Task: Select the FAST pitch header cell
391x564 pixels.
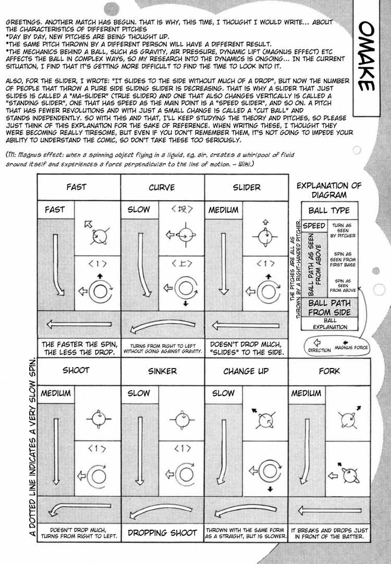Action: coord(76,187)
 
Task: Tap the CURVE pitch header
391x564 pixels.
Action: coord(162,187)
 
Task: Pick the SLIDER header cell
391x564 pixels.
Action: coord(247,187)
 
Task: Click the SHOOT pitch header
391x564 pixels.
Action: coord(76,371)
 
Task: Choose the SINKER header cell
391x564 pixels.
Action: coord(162,371)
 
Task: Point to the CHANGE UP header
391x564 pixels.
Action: coord(246,371)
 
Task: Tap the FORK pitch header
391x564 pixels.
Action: coord(329,371)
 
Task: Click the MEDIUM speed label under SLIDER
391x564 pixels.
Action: coord(224,210)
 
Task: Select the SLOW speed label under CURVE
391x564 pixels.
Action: coord(139,210)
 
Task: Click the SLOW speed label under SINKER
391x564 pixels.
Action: coord(139,394)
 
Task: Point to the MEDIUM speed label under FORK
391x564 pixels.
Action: coord(307,394)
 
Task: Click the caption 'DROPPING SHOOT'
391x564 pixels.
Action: coord(162,532)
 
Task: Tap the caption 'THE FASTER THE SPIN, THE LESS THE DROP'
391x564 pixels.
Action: coord(79,349)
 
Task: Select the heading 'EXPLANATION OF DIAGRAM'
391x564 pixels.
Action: coord(329,190)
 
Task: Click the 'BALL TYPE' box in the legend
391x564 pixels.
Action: coord(329,211)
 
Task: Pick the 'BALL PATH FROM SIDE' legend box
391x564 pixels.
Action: coord(329,308)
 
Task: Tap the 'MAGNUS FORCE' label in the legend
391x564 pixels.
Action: coord(351,347)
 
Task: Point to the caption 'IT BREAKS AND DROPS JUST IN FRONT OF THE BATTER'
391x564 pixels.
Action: coord(329,532)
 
